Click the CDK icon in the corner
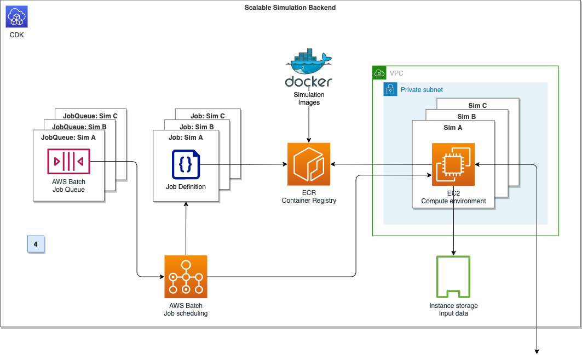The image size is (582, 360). [16, 16]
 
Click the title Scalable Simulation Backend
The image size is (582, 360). [290, 8]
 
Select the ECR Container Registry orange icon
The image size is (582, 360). [309, 164]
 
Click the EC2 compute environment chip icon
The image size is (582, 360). [453, 164]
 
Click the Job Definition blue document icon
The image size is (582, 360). [186, 164]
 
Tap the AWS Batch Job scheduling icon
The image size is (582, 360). [186, 277]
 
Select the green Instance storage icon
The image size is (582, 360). [453, 277]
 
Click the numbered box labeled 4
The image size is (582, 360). [36, 244]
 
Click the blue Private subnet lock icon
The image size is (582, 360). [390, 90]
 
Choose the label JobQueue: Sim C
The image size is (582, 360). [94, 116]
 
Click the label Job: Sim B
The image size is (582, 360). [196, 127]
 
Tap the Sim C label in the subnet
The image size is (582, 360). [477, 106]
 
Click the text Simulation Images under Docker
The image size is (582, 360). [309, 99]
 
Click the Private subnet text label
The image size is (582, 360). [422, 90]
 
